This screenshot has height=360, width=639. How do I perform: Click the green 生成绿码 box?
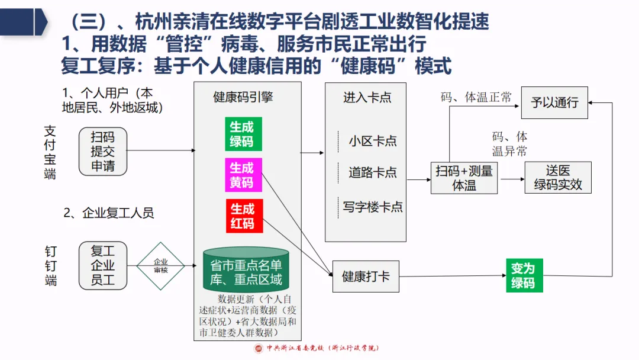tap(243, 134)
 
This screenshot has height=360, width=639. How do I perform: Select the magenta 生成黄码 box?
tap(243, 175)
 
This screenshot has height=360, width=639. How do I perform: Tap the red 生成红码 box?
tap(243, 216)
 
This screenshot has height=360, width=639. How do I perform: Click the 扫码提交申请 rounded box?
tap(103, 152)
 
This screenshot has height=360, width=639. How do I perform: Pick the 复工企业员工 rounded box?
tap(103, 266)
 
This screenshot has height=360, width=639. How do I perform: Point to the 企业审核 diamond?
tap(161, 266)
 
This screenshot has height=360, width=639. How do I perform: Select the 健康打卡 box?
tap(366, 277)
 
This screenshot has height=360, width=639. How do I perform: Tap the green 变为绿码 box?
tap(522, 276)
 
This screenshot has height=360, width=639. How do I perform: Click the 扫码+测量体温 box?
tap(464, 178)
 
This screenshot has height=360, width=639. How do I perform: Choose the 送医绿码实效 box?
tap(558, 178)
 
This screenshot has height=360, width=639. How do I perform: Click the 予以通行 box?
tap(554, 102)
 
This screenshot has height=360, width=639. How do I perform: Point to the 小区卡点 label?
tap(373, 141)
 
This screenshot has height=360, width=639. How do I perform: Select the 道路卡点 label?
tap(373, 173)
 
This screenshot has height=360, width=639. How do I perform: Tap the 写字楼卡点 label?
tap(373, 207)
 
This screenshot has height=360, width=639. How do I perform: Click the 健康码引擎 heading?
tap(243, 97)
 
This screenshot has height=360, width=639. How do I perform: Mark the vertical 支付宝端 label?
tap(50, 152)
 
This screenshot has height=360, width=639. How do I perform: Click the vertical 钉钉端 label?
tap(51, 266)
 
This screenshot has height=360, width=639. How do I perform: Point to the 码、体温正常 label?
tap(476, 98)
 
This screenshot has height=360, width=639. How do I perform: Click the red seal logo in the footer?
tap(259, 349)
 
